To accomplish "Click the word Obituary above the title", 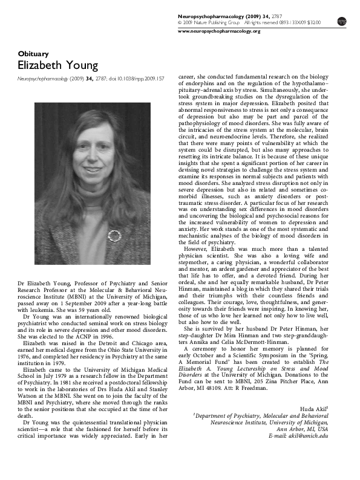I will coord(32,53).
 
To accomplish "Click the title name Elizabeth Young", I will coord(57,65).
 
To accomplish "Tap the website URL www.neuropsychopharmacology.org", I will coord(219,31).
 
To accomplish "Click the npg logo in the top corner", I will coord(342,21).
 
